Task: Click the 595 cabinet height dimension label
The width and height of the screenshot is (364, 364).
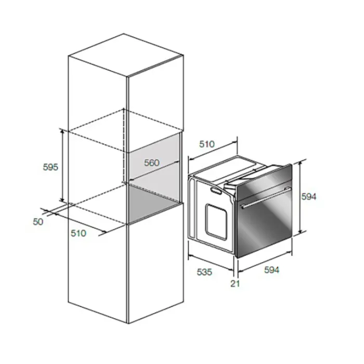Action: coord(50,167)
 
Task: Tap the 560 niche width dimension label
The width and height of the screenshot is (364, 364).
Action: coord(152,163)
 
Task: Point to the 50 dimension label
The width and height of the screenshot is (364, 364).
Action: coord(38,222)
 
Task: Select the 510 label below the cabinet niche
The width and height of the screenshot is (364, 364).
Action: coord(79,233)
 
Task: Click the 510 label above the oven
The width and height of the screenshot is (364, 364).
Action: coord(207,144)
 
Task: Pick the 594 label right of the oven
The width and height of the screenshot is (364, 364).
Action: coord(309,197)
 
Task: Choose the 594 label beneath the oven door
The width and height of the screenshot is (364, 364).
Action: coord(271,270)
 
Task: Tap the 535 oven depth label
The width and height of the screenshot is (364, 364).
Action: coord(204,272)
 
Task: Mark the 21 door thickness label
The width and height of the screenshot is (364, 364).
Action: coord(235,283)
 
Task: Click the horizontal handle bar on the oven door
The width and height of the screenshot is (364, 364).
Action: coord(266,198)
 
